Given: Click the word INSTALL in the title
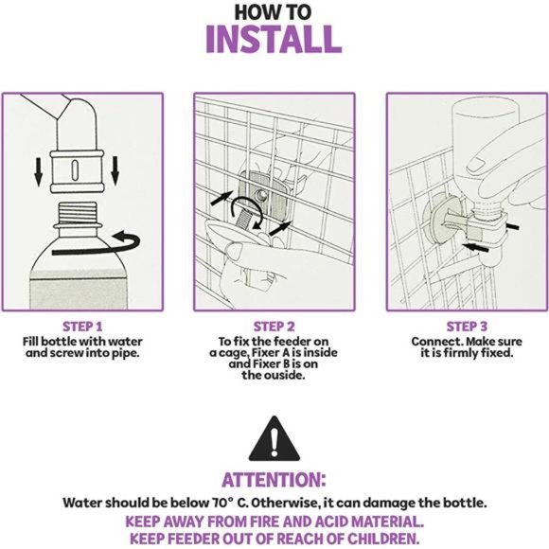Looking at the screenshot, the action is click(274, 39).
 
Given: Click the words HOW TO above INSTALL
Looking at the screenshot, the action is click(273, 12).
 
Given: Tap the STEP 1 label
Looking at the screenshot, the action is click(82, 327).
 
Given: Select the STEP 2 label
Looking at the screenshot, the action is click(274, 327).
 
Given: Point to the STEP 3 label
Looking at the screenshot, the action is click(467, 327).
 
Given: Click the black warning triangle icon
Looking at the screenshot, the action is click(274, 439).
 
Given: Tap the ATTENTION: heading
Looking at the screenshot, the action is click(274, 480).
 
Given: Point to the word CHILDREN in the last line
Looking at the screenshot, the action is click(383, 539).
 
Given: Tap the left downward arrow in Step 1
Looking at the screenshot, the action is click(39, 171).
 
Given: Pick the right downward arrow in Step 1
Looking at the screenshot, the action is click(115, 171).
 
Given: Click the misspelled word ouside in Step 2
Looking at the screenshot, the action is click(284, 376).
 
